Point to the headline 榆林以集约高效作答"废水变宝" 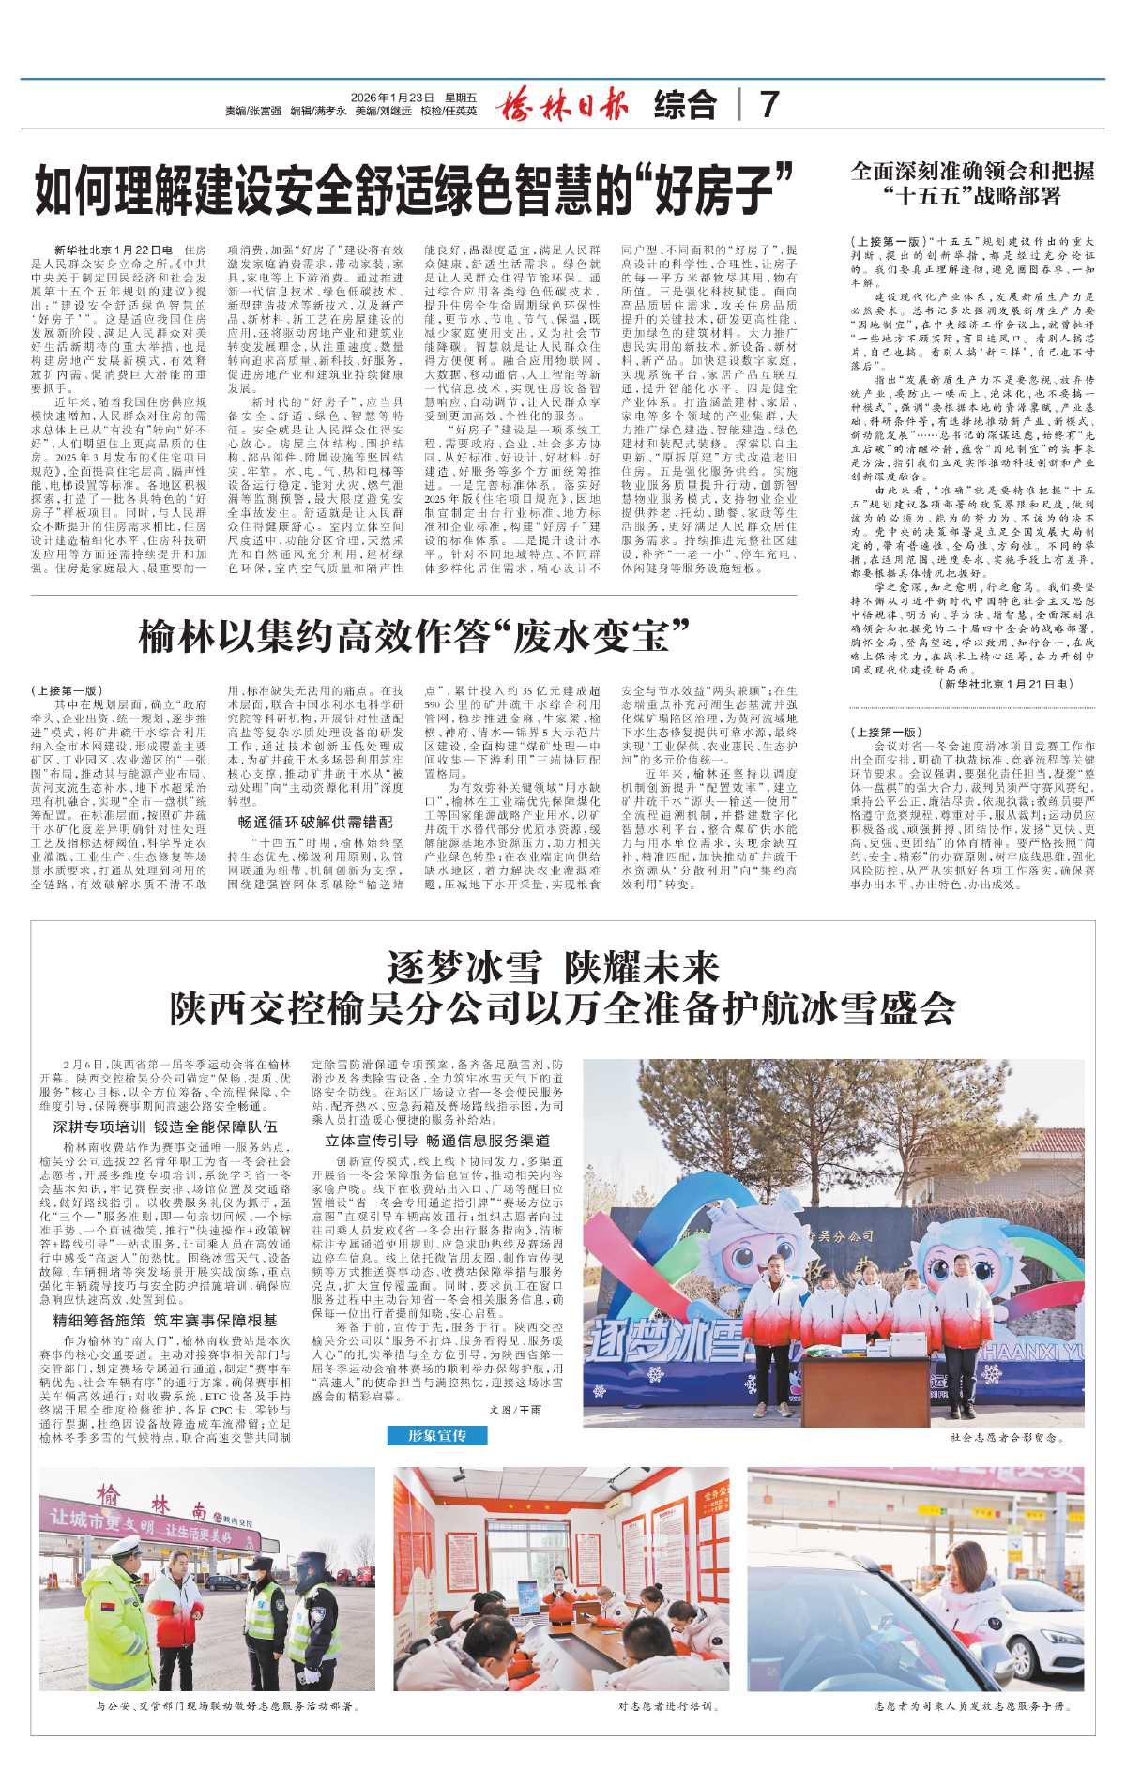pyautogui.click(x=414, y=635)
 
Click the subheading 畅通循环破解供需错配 pyautogui.click(x=314, y=823)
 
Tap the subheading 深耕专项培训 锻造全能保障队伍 pyautogui.click(x=165, y=1127)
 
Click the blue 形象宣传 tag pyautogui.click(x=437, y=1436)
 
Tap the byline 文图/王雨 pyautogui.click(x=515, y=1410)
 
